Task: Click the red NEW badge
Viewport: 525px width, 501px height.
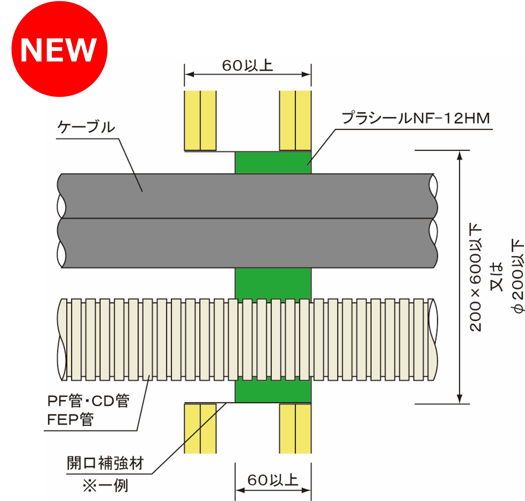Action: (x=59, y=49)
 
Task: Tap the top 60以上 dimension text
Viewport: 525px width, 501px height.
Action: (x=247, y=66)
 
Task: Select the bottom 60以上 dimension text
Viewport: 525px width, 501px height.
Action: (x=272, y=480)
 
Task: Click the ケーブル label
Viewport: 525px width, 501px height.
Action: (x=86, y=127)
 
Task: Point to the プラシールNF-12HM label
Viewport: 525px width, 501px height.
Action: (x=416, y=118)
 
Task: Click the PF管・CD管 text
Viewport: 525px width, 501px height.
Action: (x=88, y=401)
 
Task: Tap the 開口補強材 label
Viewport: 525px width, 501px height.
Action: (x=105, y=463)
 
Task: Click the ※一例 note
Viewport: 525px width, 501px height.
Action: (x=106, y=485)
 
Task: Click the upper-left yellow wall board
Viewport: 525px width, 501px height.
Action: (x=200, y=120)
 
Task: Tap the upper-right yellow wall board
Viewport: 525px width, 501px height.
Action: (x=295, y=120)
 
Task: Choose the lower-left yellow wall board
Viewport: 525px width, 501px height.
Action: (x=200, y=429)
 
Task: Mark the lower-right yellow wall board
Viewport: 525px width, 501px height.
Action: (x=295, y=429)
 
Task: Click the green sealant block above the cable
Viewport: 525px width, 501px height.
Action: (x=273, y=163)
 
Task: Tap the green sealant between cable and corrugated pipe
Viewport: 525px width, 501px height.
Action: (x=273, y=283)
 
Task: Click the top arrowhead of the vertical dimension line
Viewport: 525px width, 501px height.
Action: (x=459, y=155)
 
